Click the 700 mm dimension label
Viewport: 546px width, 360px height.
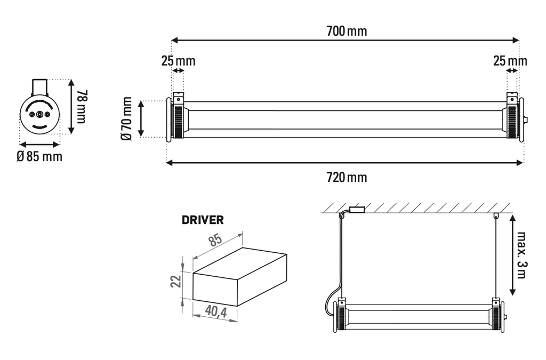(347, 31)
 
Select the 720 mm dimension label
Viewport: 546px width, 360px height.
(347, 177)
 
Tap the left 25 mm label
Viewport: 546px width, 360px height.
(178, 61)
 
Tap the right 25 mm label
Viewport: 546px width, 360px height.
(510, 61)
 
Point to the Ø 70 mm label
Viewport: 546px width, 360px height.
(127, 118)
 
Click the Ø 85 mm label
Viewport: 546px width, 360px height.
(39, 157)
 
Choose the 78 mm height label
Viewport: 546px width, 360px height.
(81, 106)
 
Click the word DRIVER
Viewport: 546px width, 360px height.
(203, 220)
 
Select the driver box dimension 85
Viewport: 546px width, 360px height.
(215, 240)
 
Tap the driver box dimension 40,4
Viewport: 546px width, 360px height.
(215, 313)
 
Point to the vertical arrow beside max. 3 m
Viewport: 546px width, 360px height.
(511, 255)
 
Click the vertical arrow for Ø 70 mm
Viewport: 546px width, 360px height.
(141, 118)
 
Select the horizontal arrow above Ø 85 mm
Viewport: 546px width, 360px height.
(39, 144)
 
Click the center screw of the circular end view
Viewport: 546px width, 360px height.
(39, 115)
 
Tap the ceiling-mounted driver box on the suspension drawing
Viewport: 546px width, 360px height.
(356, 210)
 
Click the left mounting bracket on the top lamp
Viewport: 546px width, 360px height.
(178, 99)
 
